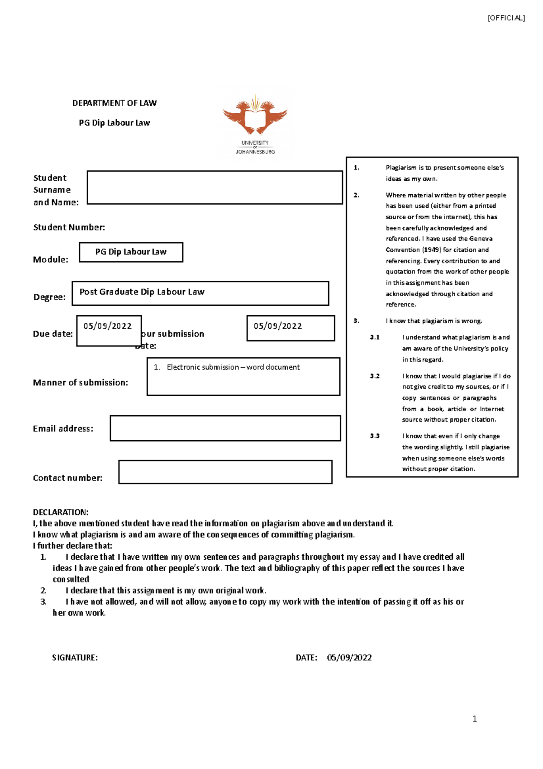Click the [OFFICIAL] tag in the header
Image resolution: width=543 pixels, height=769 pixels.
pyautogui.click(x=506, y=18)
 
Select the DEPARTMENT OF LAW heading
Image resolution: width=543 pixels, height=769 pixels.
pyautogui.click(x=114, y=103)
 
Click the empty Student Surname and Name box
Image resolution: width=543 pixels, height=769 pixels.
pyautogui.click(x=214, y=187)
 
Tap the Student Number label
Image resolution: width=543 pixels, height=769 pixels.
pyautogui.click(x=69, y=227)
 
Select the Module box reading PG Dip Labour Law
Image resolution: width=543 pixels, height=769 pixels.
pyautogui.click(x=131, y=252)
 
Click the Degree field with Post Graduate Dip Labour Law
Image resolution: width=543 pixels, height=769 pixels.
pyautogui.click(x=200, y=293)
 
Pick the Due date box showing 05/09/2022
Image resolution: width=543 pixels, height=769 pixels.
pyautogui.click(x=109, y=331)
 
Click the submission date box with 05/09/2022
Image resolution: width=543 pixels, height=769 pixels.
pyautogui.click(x=291, y=328)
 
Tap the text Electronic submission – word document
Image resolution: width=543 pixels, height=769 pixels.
pyautogui.click(x=233, y=367)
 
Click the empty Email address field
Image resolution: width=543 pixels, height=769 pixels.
pyautogui.click(x=225, y=428)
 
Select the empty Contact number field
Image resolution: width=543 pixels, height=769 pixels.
pyautogui.click(x=225, y=472)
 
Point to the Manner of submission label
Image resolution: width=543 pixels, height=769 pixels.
pyautogui.click(x=81, y=383)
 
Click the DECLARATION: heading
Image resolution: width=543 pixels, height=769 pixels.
pyautogui.click(x=61, y=512)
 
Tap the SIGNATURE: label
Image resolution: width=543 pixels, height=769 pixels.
pyautogui.click(x=75, y=658)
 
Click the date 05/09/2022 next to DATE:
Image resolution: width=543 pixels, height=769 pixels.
pyautogui.click(x=349, y=658)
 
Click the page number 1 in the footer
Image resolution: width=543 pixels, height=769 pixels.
pyautogui.click(x=474, y=719)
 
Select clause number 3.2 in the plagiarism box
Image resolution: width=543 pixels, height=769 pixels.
pyautogui.click(x=375, y=376)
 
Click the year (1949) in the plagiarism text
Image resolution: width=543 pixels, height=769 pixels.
pyautogui.click(x=431, y=250)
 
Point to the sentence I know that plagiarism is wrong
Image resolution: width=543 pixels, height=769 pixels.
pyautogui.click(x=433, y=321)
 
